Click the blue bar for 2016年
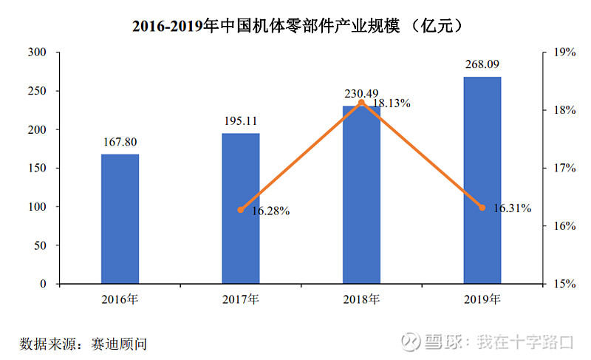point(120,219)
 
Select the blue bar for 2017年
point(241,208)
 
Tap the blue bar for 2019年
point(482,180)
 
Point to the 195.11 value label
point(241,122)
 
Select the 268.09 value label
point(482,65)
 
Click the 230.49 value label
point(361,94)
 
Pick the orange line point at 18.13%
point(361,102)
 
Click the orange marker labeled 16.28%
point(241,209)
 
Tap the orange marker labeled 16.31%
point(482,208)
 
